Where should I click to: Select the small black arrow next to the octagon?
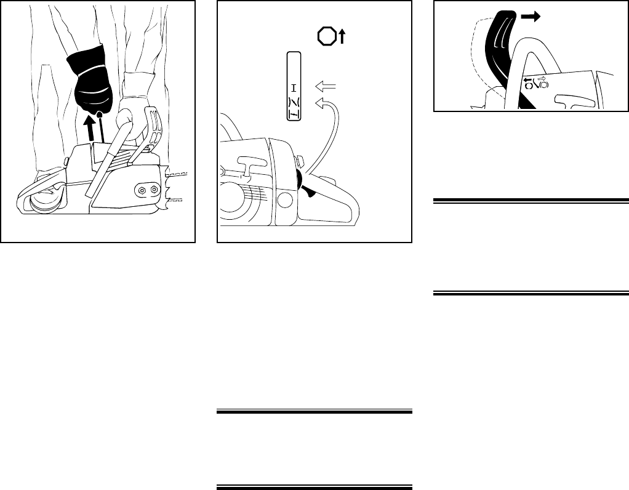[x=342, y=38]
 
